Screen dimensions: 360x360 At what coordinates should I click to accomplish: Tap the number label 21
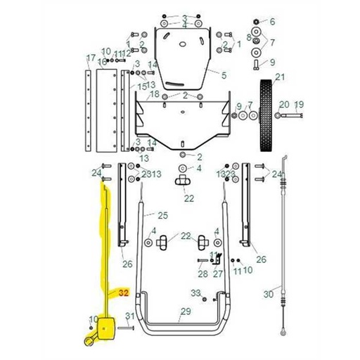tap(279, 77)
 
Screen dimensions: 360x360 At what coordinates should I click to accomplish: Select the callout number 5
tap(224, 75)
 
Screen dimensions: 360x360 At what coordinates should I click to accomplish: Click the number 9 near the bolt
tap(272, 62)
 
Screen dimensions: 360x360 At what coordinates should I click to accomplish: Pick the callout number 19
tap(298, 105)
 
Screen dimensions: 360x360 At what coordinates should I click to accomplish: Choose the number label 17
tap(90, 58)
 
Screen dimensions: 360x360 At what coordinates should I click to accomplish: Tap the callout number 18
tap(154, 94)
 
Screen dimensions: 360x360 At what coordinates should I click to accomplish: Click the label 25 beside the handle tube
tap(162, 215)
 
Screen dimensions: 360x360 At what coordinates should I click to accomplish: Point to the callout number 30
tap(268, 294)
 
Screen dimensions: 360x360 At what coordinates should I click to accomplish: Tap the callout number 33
tap(196, 292)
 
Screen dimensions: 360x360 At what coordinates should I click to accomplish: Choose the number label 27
tap(218, 274)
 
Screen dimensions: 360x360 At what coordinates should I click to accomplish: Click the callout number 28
tap(202, 274)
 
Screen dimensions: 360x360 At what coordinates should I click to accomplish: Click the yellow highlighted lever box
tap(108, 328)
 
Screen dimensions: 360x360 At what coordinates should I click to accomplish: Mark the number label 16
tap(102, 62)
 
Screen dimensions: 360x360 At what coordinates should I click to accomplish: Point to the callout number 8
tap(249, 37)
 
